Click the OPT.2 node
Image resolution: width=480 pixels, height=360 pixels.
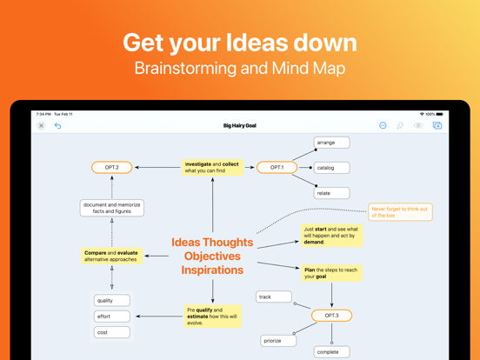point(112,167)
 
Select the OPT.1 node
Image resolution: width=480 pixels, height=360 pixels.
point(277,167)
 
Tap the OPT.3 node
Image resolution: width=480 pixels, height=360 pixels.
point(331,316)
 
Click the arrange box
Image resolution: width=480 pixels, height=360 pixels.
point(331,143)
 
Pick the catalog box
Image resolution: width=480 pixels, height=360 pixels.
point(331,168)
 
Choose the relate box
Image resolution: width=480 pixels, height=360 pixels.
point(331,193)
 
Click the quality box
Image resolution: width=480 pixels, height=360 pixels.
point(112,301)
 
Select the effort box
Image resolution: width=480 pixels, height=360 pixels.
point(112,317)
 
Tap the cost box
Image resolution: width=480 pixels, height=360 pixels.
point(112,332)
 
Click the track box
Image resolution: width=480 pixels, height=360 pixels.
point(274,297)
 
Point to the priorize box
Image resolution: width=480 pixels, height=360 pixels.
point(278,341)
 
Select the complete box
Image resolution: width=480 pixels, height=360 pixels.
point(331,352)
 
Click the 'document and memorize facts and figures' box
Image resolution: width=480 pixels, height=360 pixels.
point(112,208)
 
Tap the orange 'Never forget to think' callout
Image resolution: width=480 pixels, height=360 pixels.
point(400,211)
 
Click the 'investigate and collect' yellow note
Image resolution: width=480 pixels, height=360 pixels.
point(212,167)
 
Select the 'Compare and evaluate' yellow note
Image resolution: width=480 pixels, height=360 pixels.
point(112,256)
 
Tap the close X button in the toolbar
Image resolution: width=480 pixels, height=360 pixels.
point(41,126)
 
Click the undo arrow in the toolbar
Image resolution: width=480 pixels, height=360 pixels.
point(58,126)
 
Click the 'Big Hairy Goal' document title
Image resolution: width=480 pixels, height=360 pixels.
point(240,126)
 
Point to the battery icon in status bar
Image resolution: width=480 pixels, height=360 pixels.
point(440,114)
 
